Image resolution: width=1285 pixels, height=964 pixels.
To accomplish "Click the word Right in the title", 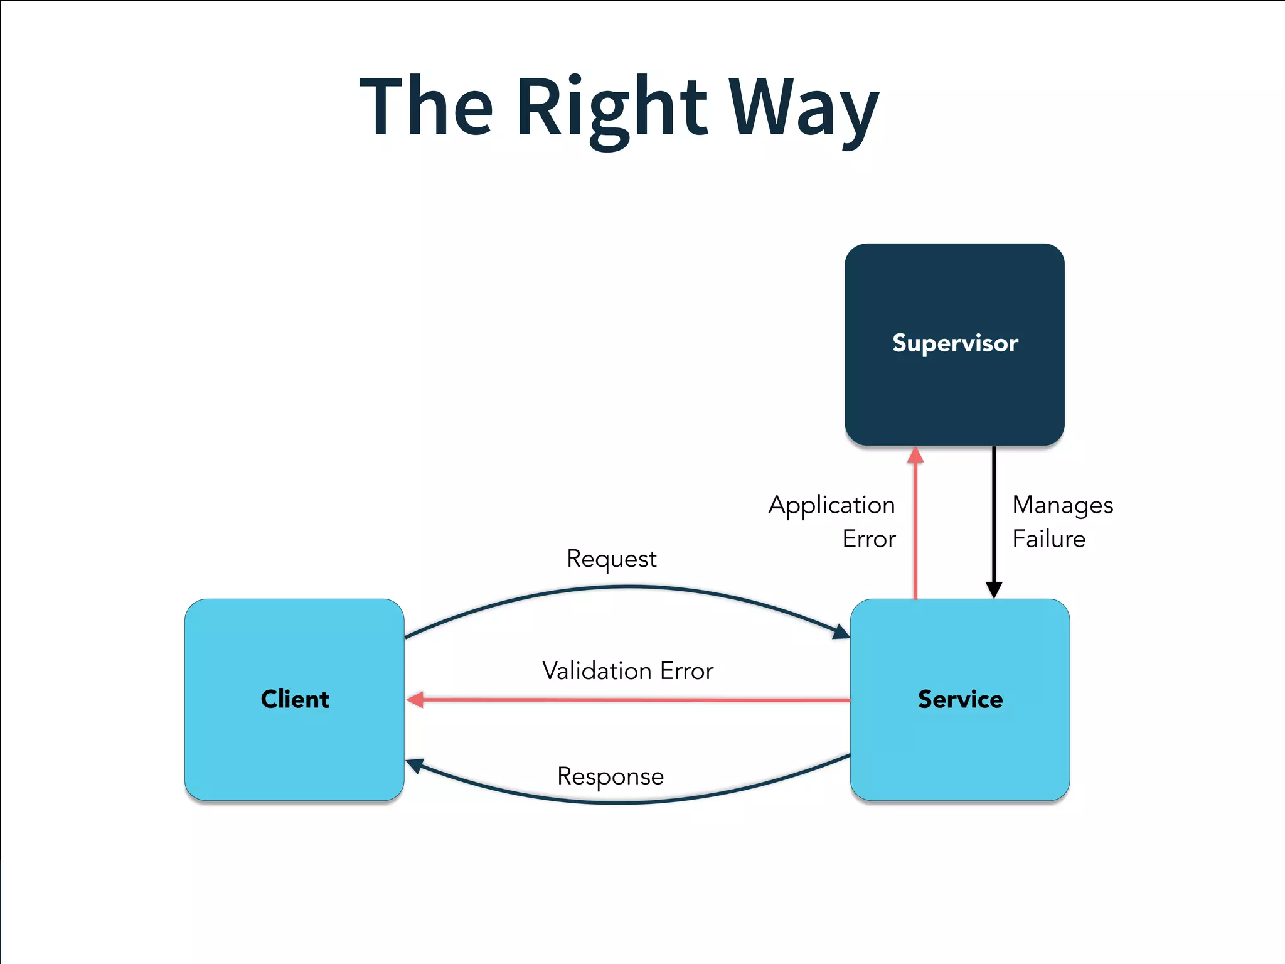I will click(612, 107).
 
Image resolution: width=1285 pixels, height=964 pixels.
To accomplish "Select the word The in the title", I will click(426, 107).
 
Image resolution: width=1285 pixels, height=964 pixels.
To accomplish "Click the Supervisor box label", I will click(954, 343).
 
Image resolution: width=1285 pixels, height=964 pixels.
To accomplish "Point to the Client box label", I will click(294, 699).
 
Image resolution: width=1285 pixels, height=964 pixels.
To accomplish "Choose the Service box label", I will click(960, 699).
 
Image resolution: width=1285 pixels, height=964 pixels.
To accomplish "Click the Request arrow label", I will click(611, 559).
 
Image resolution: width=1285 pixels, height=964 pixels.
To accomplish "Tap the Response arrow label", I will click(610, 776).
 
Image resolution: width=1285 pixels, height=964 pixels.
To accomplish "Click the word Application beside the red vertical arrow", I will click(831, 505).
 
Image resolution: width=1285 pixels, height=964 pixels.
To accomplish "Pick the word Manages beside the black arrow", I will click(1062, 505).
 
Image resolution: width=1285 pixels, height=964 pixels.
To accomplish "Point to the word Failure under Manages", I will click(1048, 539).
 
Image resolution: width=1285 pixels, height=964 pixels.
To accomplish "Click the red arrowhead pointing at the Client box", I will click(415, 699).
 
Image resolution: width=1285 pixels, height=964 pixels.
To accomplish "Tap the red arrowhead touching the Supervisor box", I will click(915, 455).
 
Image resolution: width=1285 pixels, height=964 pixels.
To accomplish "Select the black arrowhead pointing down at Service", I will click(994, 590).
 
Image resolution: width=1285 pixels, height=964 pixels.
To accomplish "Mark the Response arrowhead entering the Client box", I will click(415, 765).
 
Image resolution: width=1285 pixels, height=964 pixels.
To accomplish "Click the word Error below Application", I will click(868, 539).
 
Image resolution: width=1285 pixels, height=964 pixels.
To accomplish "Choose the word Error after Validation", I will click(686, 671).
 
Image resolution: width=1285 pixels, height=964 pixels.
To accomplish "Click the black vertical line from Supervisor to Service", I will click(994, 515).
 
